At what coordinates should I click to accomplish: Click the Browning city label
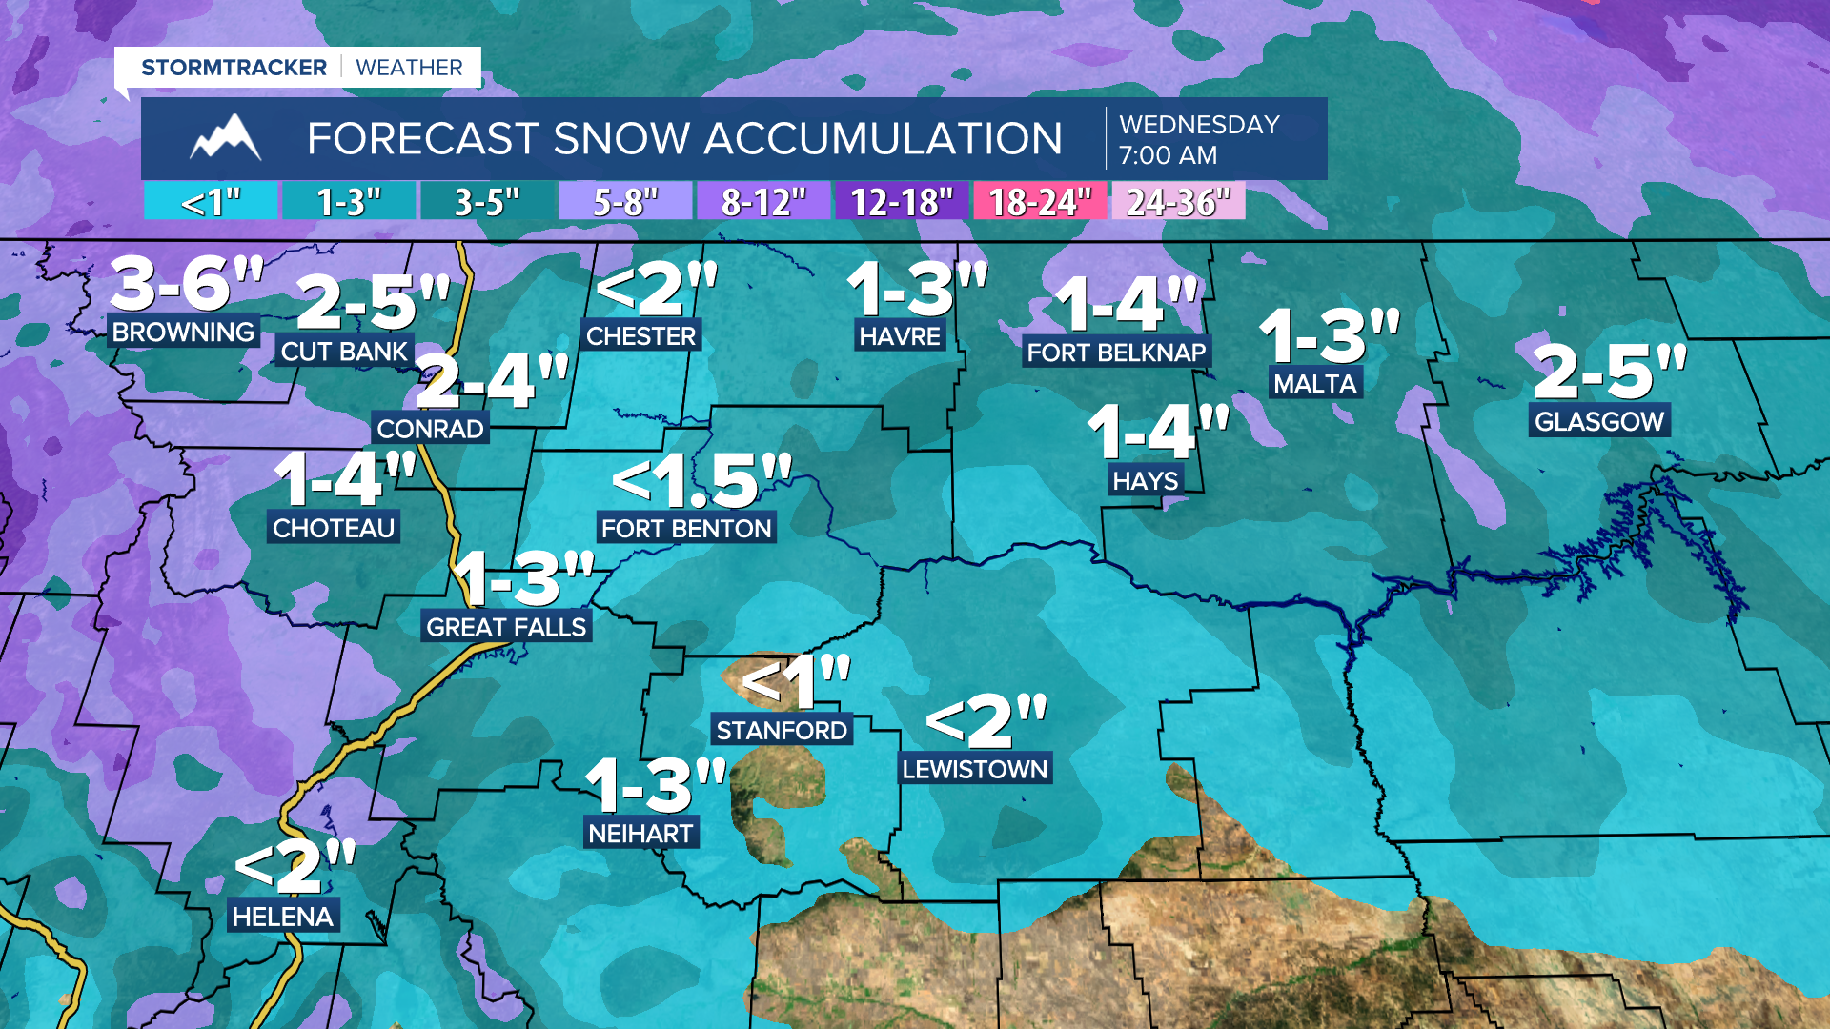click(x=183, y=332)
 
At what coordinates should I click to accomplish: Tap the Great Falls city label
click(x=506, y=627)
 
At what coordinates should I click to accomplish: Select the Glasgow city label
click(x=1599, y=421)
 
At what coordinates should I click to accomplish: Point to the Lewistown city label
click(x=974, y=769)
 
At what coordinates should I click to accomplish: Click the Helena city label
click(x=282, y=917)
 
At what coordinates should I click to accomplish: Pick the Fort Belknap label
click(x=1116, y=353)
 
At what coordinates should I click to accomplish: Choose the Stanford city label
click(x=782, y=730)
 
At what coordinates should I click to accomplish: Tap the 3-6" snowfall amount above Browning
click(x=187, y=284)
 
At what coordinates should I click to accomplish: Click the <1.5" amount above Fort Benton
click(x=701, y=479)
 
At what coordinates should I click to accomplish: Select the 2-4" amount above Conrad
click(x=492, y=381)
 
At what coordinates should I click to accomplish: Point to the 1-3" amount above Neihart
click(x=656, y=786)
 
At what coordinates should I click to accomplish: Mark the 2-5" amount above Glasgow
click(x=1610, y=371)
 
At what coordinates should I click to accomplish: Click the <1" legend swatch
click(x=211, y=202)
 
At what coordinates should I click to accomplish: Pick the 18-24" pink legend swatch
click(x=1039, y=202)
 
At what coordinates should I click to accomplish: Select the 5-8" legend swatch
click(x=625, y=202)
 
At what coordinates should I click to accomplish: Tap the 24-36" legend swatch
click(x=1178, y=202)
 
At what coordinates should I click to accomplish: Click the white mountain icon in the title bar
click(x=226, y=138)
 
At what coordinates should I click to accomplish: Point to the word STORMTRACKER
click(x=234, y=68)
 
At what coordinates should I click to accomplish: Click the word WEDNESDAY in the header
click(x=1199, y=125)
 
